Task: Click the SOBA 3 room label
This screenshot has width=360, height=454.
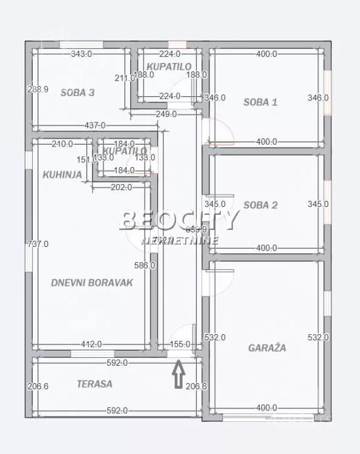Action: pos(77,93)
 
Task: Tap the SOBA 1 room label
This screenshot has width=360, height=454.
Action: pos(260,102)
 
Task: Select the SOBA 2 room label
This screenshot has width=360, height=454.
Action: pos(260,205)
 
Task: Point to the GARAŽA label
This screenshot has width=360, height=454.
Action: pos(267,348)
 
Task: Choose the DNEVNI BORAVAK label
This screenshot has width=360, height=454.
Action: pos(92,282)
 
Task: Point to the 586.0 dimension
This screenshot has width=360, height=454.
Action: pos(145,265)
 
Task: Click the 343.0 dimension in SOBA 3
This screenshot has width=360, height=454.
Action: pos(81,54)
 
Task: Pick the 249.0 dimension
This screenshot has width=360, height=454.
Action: pos(165,114)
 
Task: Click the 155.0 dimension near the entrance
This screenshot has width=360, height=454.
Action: pos(179,344)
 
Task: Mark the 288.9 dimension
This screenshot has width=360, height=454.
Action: pos(38,89)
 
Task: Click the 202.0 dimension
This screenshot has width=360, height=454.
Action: pos(121,187)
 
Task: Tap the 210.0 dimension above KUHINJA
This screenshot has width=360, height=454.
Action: pos(62,143)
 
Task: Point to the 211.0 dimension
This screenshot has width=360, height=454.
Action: pos(124,77)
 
